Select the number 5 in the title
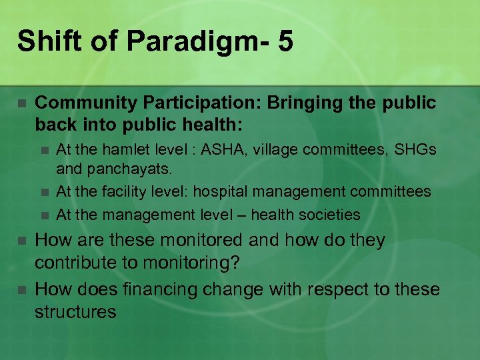point(285,41)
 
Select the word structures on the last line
point(75,312)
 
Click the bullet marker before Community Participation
point(21,104)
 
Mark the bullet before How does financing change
point(21,290)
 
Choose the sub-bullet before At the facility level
point(45,193)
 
